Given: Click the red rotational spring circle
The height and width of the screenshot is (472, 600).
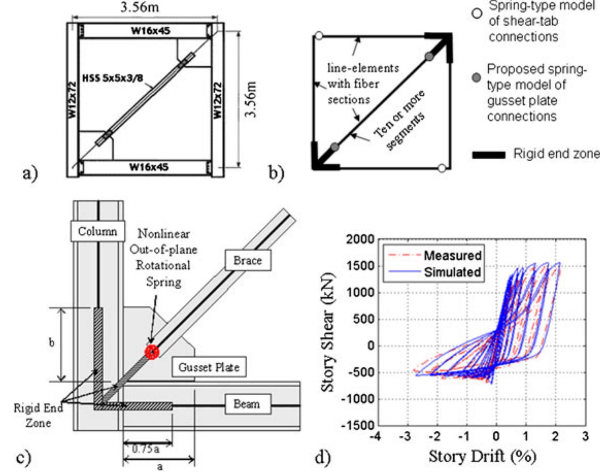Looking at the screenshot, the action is [x=152, y=352].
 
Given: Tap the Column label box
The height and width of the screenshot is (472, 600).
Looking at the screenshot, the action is [x=98, y=231].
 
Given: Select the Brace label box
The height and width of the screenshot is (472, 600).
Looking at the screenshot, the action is [x=248, y=260].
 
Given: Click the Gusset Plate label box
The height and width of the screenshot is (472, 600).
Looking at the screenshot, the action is [x=209, y=367].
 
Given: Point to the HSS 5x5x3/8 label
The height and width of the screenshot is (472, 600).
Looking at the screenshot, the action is [x=112, y=78].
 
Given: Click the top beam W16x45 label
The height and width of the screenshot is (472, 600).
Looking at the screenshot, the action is [x=150, y=31].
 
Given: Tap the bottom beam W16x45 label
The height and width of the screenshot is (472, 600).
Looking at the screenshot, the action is [x=149, y=167].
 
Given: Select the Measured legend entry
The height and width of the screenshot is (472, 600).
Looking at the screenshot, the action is [x=435, y=255].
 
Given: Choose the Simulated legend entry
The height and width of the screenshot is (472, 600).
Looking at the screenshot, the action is [x=435, y=272].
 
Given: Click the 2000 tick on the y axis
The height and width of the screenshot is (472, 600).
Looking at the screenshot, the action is [x=360, y=240].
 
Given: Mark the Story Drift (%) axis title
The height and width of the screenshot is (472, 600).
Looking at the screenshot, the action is [x=482, y=457].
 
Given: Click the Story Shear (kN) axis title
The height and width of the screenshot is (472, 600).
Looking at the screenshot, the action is [x=328, y=332].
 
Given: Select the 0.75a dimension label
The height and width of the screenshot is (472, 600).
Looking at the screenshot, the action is [x=145, y=449].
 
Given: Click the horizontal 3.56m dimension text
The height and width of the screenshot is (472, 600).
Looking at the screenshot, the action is [x=140, y=7].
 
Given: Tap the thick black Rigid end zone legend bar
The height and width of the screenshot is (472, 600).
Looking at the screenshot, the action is [x=488, y=155].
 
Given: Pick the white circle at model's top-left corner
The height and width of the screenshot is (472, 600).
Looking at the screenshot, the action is [x=319, y=36].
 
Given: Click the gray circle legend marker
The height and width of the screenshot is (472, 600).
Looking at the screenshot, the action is [x=477, y=77].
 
